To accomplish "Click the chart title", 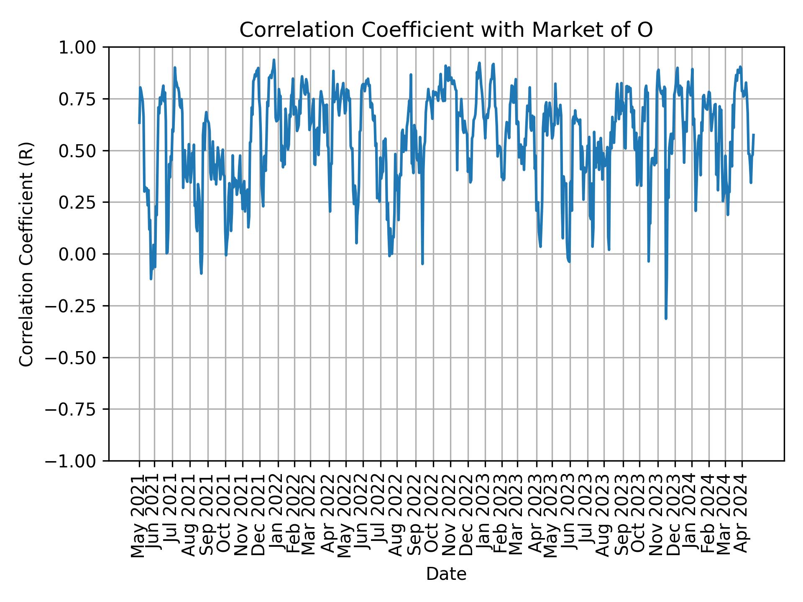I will point(446,30).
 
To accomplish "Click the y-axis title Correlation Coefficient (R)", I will point(26,254).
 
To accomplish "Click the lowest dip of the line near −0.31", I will point(666,319).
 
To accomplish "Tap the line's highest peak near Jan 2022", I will point(274,60).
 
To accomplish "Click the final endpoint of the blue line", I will point(754,135).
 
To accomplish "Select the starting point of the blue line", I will point(139,123).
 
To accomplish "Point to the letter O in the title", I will point(646,30).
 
